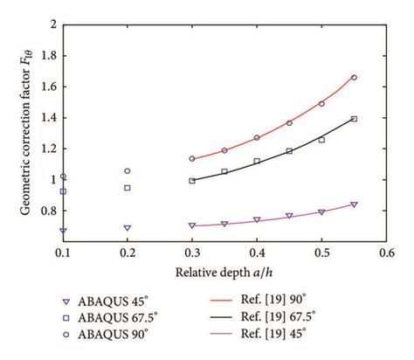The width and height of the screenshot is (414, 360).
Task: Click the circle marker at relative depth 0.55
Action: pos(354,78)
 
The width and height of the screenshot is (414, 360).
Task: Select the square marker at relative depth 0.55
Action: pos(354,119)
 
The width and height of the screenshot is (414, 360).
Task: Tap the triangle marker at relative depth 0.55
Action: pos(354,204)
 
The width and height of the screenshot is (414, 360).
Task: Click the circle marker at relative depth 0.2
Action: pos(128,171)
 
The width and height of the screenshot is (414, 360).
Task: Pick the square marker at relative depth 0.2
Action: pos(128,188)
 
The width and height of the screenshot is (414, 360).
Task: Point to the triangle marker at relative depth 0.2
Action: pos(128,228)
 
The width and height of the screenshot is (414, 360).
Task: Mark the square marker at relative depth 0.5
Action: pos(321,140)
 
